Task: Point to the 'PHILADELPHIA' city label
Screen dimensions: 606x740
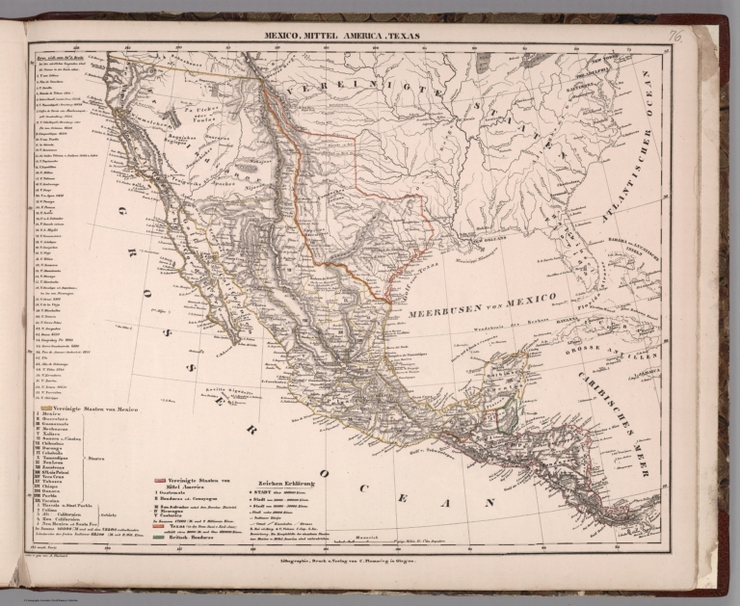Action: [x=588, y=69]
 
